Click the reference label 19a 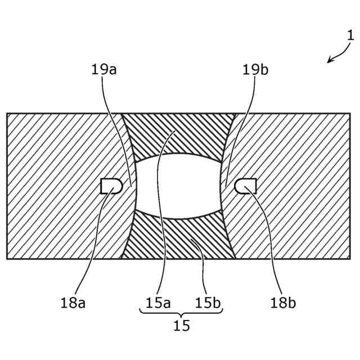click(x=103, y=70)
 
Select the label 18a click(x=73, y=303)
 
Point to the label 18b click(x=283, y=303)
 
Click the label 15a click(x=158, y=303)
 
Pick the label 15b click(x=208, y=303)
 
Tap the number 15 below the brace click(x=182, y=326)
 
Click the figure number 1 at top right click(x=350, y=35)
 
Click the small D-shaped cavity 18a click(x=111, y=186)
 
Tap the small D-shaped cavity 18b click(x=246, y=186)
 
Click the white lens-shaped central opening click(x=179, y=186)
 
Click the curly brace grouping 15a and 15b click(x=181, y=313)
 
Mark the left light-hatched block click(x=62, y=186)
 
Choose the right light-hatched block click(x=298, y=186)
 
